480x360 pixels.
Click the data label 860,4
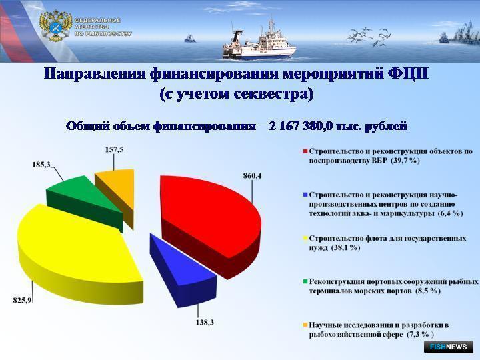coord(253,176)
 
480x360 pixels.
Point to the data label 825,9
coord(22,300)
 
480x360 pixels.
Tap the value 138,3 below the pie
coord(205,323)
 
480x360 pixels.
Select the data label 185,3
coord(41,165)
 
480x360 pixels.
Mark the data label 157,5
coord(114,150)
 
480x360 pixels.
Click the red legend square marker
coord(305,151)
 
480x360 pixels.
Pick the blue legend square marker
coord(305,195)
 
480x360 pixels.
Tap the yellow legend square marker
coord(305,239)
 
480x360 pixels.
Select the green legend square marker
coord(305,281)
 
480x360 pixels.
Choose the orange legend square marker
coord(305,325)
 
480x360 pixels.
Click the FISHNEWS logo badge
coord(449,347)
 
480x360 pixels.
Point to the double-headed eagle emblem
coord(55,26)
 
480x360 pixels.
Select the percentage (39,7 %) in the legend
coord(405,161)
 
